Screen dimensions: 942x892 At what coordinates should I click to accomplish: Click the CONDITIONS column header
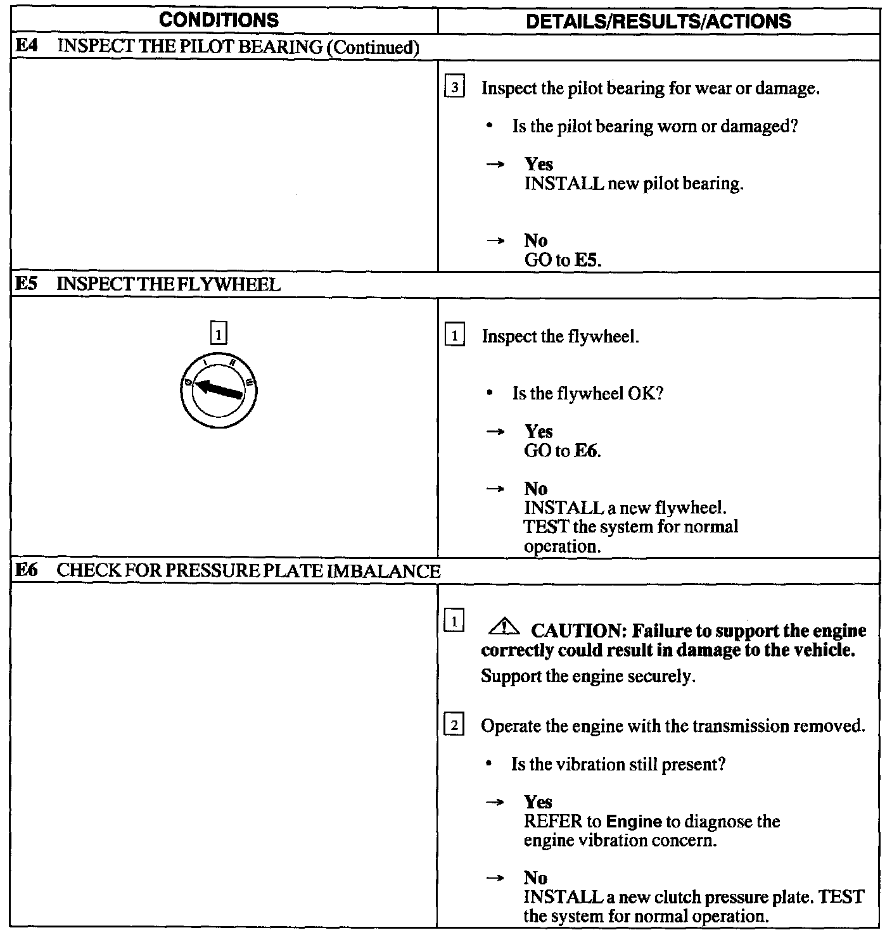pyautogui.click(x=219, y=20)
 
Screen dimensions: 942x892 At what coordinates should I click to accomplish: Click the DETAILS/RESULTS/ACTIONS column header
pyautogui.click(x=659, y=22)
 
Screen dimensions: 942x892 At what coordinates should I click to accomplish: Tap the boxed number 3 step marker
pyautogui.click(x=454, y=87)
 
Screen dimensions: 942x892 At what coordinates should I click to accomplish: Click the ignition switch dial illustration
pyautogui.click(x=219, y=389)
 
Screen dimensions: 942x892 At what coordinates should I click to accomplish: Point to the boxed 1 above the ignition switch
pyautogui.click(x=218, y=333)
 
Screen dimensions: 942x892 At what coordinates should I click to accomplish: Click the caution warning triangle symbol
pyautogui.click(x=504, y=628)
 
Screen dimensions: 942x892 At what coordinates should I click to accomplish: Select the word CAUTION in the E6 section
pyautogui.click(x=578, y=631)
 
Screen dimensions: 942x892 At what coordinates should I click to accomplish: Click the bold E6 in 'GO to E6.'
pyautogui.click(x=587, y=451)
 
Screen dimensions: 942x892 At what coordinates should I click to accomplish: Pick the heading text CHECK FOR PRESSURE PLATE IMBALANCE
pyautogui.click(x=248, y=571)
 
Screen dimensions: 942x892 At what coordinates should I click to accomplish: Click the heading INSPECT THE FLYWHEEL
pyautogui.click(x=169, y=285)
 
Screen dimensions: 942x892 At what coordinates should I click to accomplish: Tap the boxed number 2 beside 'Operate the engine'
pyautogui.click(x=454, y=725)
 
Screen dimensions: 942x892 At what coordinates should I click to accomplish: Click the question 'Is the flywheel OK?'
pyautogui.click(x=587, y=394)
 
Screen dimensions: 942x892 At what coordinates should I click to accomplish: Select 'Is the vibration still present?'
pyautogui.click(x=618, y=764)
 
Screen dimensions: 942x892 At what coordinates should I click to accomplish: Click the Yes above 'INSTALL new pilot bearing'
pyautogui.click(x=538, y=165)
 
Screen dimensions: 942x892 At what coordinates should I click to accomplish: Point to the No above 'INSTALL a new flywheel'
pyautogui.click(x=535, y=489)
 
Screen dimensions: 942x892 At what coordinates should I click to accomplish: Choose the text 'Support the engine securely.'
pyautogui.click(x=588, y=676)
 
